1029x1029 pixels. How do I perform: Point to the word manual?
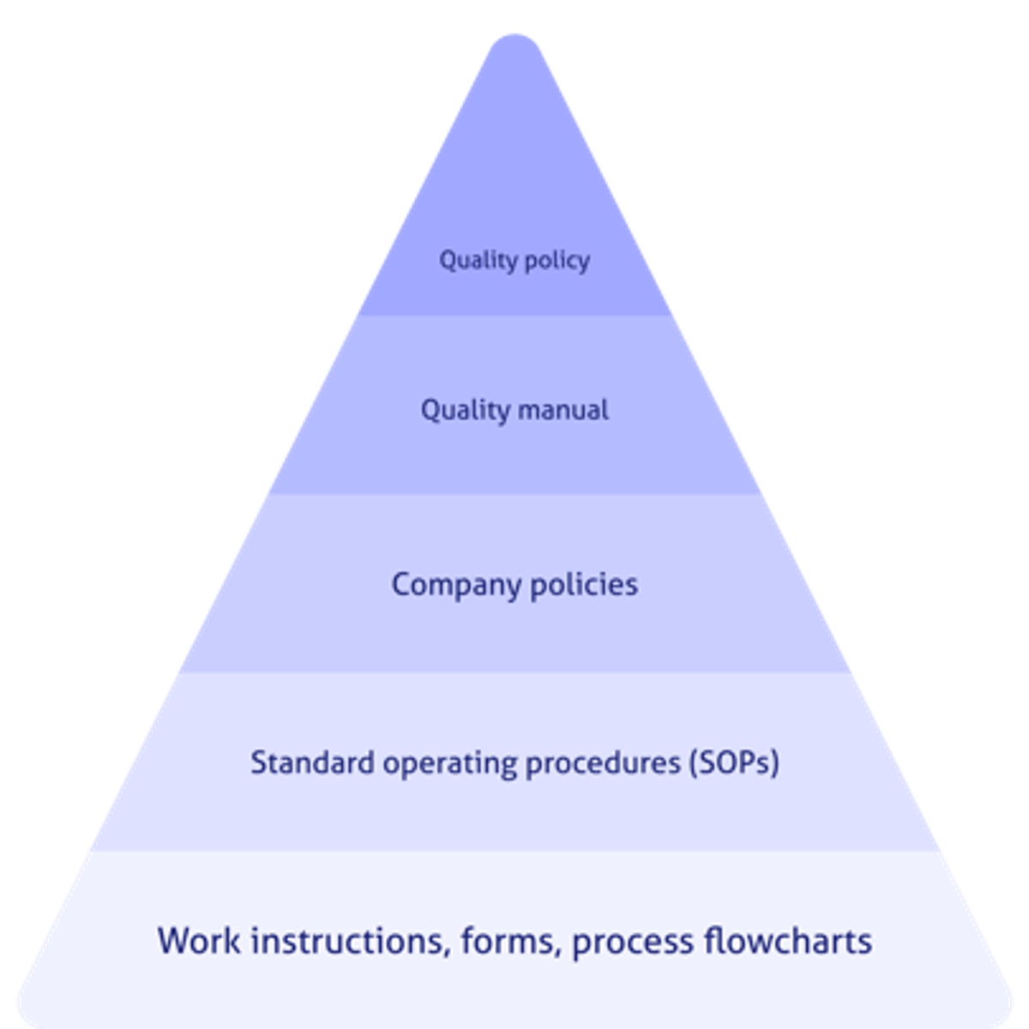point(563,410)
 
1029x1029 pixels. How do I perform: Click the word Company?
point(456,586)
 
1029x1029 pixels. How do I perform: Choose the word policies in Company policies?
point(584,585)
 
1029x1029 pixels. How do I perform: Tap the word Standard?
point(312,762)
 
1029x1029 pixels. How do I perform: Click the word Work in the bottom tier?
point(199,941)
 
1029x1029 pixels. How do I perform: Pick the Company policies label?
point(514,586)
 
